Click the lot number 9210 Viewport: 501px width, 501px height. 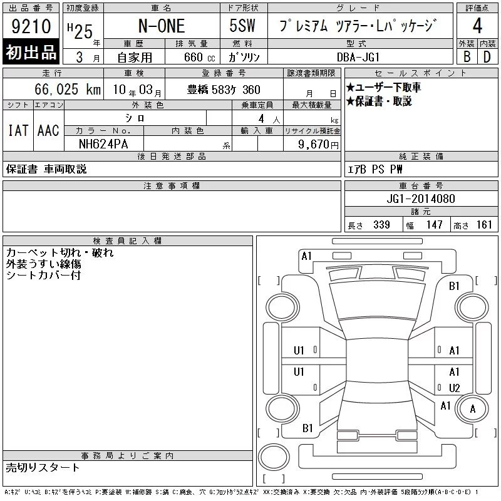tap(31, 26)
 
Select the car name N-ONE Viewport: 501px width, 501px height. tap(162, 26)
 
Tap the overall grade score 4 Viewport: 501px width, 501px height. tap(477, 26)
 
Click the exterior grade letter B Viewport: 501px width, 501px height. tap(467, 57)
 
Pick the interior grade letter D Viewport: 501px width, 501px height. tap(487, 57)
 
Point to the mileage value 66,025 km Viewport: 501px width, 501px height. tap(68, 89)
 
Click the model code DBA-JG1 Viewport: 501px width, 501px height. tap(358, 57)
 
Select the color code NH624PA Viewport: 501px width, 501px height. tap(103, 144)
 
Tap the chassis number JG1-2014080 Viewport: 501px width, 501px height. tap(420, 199)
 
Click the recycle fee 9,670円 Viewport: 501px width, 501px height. tap(318, 145)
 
